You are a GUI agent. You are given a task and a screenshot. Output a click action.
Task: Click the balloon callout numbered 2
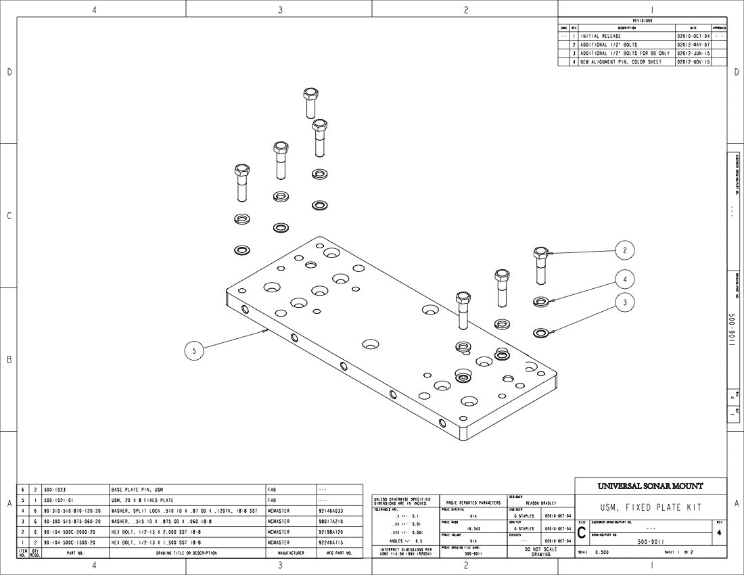[625, 250]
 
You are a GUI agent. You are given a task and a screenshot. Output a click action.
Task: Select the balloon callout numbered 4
[625, 278]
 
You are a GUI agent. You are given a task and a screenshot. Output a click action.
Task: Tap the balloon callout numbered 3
[625, 302]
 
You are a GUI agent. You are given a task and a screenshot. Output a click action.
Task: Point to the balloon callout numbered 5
[194, 350]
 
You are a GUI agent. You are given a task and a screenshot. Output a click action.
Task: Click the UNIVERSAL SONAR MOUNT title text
[650, 486]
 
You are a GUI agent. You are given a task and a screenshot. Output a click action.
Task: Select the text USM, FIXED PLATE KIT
[651, 507]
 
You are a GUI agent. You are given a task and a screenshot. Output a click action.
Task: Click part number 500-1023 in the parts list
[54, 488]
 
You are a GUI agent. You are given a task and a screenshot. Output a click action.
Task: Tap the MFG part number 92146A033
[331, 511]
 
